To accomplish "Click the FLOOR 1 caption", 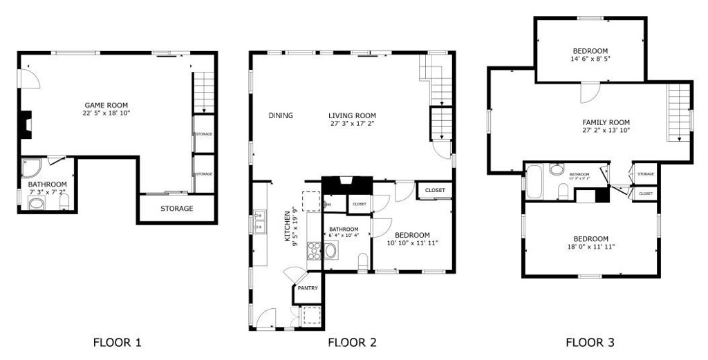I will tap(117, 342).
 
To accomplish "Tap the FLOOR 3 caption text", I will tap(589, 342).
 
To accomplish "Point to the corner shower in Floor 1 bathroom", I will tap(31, 168).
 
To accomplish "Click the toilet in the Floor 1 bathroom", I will tap(64, 202).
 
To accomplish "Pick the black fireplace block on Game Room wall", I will tap(26, 124).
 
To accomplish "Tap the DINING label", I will tap(281, 115).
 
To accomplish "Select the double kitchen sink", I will tap(259, 222).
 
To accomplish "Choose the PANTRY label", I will tap(308, 288).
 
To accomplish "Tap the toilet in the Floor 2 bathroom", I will tap(362, 261).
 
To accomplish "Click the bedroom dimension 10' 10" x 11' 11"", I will tap(412, 243).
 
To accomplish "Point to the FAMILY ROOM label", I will tap(606, 122).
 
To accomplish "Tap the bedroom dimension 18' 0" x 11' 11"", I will tap(590, 246).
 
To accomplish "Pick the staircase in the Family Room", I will tap(678, 112).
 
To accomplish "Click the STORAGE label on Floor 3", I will tap(646, 174).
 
